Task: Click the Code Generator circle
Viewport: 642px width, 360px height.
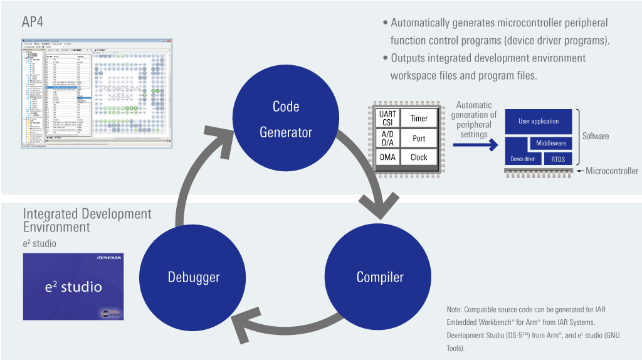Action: [286, 119]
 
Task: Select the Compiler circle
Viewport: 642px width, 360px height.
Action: [379, 277]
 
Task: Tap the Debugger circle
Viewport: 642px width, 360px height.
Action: [193, 277]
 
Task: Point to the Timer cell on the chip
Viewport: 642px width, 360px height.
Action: [419, 119]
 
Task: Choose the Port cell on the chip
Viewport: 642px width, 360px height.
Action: [419, 138]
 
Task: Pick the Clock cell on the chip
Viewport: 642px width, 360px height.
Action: [419, 157]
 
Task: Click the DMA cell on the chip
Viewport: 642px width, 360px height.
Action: [388, 157]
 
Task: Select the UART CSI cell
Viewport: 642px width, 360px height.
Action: [388, 119]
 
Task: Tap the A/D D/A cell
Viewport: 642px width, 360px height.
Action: [388, 138]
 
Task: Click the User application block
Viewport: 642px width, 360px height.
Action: [539, 121]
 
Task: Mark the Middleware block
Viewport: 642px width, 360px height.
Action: [550, 144]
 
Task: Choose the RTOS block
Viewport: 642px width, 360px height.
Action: [557, 159]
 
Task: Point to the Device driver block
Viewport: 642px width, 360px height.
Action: [523, 159]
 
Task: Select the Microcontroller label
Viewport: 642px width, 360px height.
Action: [612, 171]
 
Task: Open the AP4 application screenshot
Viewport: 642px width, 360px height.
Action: [94, 95]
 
